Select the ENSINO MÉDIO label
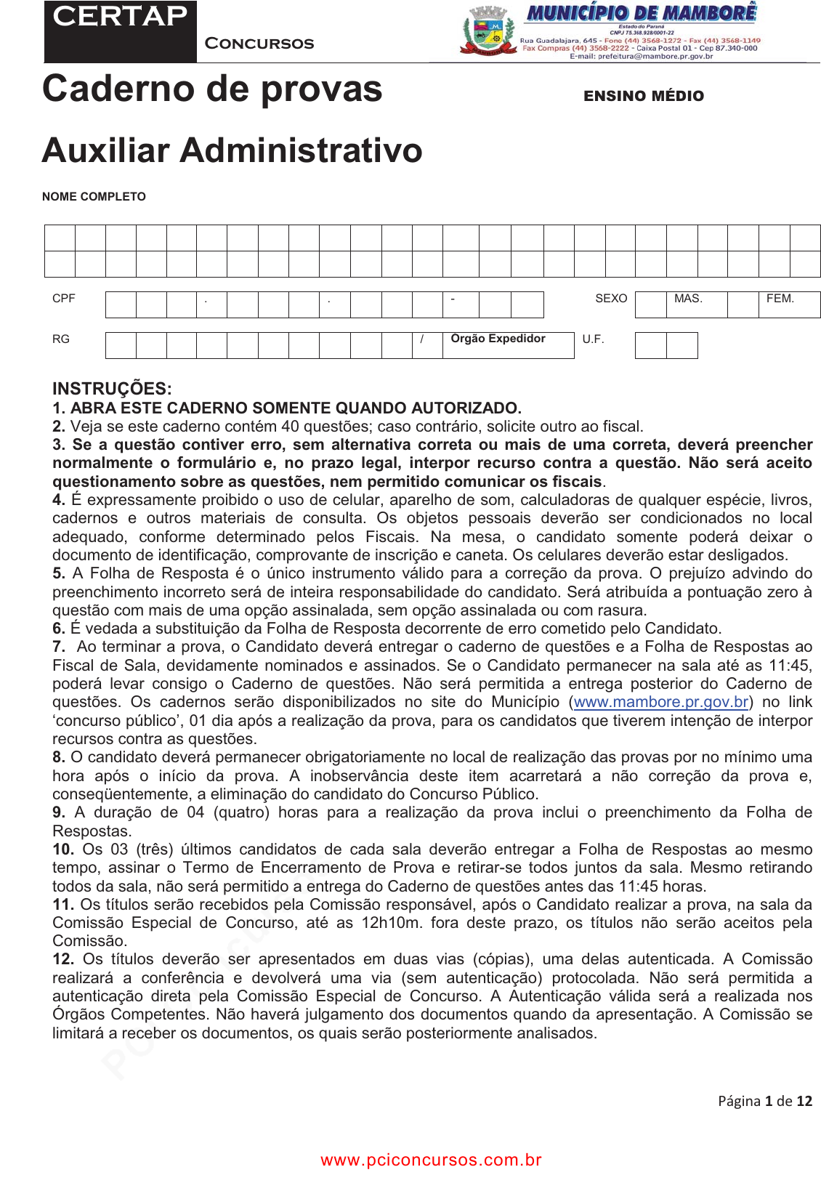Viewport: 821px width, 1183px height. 644,96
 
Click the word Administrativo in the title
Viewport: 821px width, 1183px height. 301,150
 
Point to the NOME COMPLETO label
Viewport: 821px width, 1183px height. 94,197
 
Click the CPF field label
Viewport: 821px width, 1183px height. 64,299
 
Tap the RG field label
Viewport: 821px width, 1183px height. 61,339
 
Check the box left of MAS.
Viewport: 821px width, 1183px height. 650,304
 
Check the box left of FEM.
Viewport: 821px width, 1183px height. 743,304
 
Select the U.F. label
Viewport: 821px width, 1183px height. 593,339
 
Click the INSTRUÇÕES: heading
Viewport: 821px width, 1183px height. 112,389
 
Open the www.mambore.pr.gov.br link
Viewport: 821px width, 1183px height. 661,702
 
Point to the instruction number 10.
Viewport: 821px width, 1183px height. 62,849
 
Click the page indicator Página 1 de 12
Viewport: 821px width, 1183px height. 765,1101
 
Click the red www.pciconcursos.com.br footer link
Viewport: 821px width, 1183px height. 432,1160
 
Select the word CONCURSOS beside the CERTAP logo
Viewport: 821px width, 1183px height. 259,44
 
